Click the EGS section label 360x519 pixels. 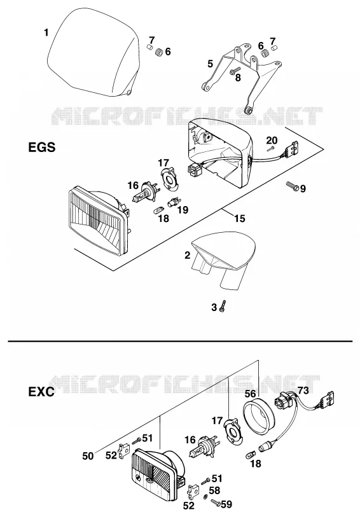42,147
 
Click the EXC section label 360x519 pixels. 41,392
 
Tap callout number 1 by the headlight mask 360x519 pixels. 46,32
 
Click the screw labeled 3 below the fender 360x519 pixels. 224,306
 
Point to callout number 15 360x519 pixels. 240,218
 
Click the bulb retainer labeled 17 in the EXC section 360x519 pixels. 233,432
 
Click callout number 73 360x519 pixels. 303,391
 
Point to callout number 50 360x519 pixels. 88,456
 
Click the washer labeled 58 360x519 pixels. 206,496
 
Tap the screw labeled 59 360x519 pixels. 215,502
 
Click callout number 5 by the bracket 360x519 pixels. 211,64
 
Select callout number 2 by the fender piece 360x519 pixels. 188,255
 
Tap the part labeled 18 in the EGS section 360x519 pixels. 158,209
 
